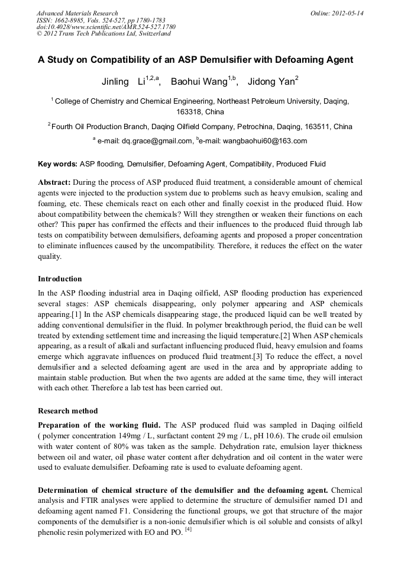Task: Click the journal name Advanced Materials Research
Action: (77, 13)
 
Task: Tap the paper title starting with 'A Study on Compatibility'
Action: (196, 60)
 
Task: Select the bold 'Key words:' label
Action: (57, 164)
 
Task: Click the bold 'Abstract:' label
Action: (54, 182)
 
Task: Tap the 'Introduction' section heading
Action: (60, 278)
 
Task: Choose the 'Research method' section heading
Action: (68, 410)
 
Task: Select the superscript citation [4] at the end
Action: (188, 530)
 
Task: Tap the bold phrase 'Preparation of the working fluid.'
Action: (99, 425)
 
